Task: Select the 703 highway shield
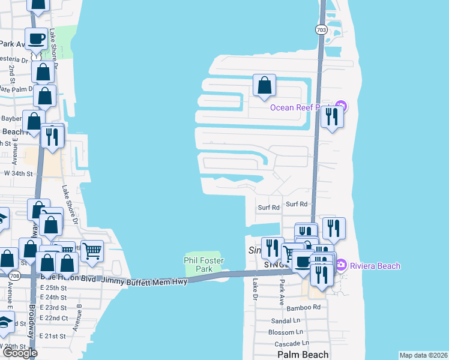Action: (x=321, y=29)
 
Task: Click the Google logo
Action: (x=20, y=353)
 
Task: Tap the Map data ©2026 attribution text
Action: (x=423, y=355)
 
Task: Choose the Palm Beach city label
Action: (x=303, y=355)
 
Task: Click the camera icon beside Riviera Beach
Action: (x=341, y=265)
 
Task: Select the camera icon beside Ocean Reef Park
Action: (x=340, y=107)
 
